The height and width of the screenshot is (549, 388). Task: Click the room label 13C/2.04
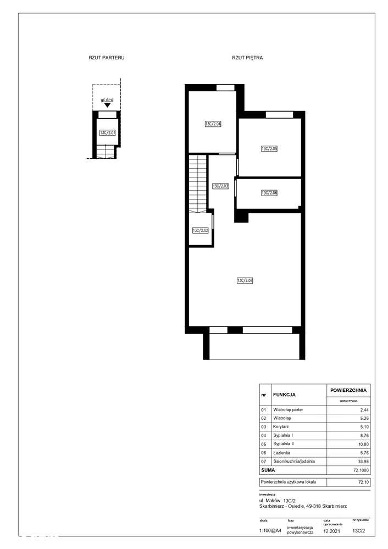click(213, 124)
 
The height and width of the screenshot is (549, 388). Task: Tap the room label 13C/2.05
click(269, 149)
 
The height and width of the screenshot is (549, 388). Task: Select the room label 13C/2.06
click(269, 193)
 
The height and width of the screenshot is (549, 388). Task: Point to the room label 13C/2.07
click(245, 281)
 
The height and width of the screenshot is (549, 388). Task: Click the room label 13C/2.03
click(220, 186)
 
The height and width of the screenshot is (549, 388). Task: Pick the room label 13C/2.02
click(200, 231)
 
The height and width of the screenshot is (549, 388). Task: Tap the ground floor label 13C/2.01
click(107, 132)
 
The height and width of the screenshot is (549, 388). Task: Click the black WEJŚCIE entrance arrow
click(107, 106)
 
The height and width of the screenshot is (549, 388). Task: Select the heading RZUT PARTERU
click(106, 57)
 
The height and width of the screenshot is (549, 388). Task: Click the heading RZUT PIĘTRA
click(247, 57)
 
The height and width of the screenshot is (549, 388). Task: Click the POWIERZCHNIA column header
click(348, 390)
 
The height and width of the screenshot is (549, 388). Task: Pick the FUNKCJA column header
click(285, 395)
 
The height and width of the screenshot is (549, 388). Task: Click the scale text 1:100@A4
click(270, 530)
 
